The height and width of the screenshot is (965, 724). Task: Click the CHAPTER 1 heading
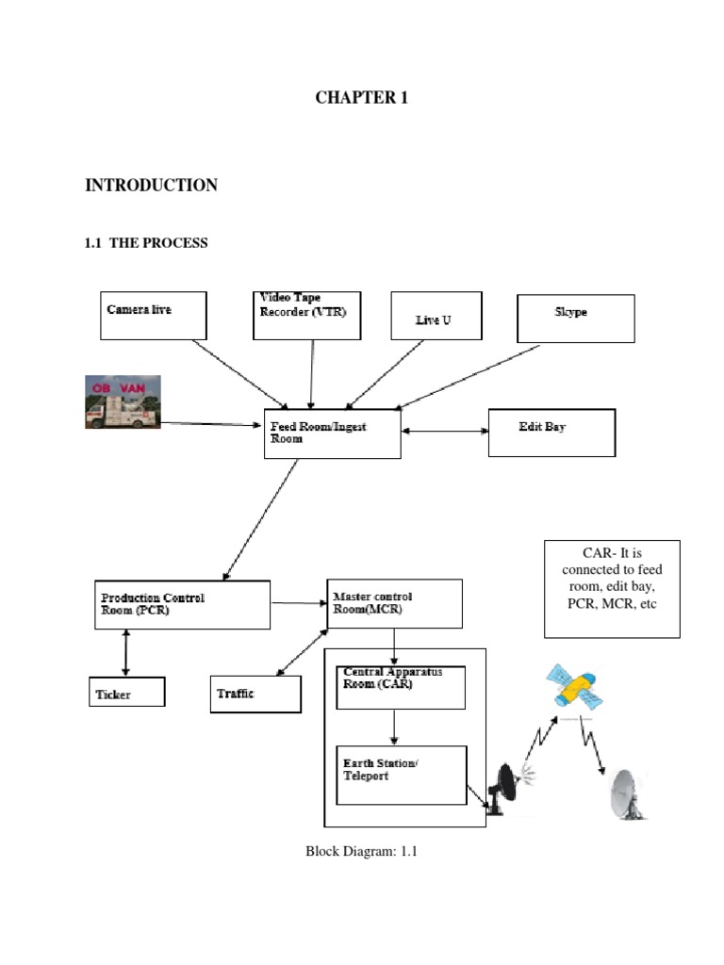click(361, 97)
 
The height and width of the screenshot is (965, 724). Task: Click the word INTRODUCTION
click(151, 186)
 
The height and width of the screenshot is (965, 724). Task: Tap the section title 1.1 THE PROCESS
click(146, 243)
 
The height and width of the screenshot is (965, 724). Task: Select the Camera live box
click(153, 315)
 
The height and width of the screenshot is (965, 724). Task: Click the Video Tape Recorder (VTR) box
click(307, 315)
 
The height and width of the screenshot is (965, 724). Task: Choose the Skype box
click(575, 318)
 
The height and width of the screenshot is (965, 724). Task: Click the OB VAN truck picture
click(123, 401)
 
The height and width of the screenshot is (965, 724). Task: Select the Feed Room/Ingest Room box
click(332, 433)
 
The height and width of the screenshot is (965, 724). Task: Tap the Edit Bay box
click(551, 432)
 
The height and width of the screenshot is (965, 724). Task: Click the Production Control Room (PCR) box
click(181, 604)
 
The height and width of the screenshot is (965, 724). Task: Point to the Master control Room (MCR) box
click(394, 603)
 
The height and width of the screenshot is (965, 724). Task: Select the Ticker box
click(126, 692)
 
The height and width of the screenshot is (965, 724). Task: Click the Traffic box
click(255, 694)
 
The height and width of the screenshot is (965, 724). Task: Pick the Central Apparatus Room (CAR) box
click(401, 687)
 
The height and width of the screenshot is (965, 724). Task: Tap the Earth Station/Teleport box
click(401, 775)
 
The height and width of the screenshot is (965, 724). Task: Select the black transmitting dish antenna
click(506, 788)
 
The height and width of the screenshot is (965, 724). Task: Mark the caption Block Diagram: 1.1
click(361, 851)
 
